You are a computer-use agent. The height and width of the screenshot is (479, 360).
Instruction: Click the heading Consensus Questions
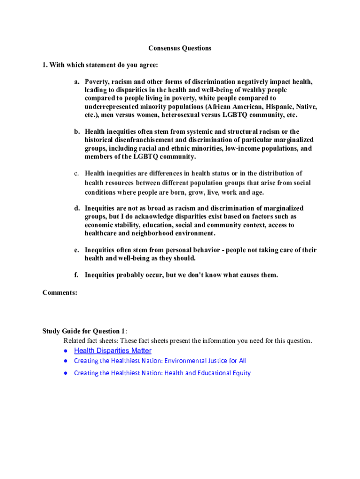tap(180, 48)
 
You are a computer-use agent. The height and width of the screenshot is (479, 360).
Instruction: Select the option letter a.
tap(76, 81)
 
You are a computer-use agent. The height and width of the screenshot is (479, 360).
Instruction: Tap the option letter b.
tap(76, 131)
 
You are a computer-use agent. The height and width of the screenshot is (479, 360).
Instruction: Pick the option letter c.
tap(76, 174)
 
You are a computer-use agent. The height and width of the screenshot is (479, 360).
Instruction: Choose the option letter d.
tap(76, 208)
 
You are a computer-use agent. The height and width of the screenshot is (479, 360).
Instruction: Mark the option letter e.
tap(76, 250)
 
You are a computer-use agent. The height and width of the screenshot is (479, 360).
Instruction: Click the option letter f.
tap(76, 275)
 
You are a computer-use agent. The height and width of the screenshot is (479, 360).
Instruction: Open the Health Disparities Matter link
tap(113, 351)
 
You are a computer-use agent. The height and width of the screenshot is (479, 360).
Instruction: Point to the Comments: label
tap(60, 293)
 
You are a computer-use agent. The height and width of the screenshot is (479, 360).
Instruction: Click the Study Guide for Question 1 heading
tap(84, 331)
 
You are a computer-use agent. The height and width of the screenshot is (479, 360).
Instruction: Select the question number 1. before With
tap(45, 65)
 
